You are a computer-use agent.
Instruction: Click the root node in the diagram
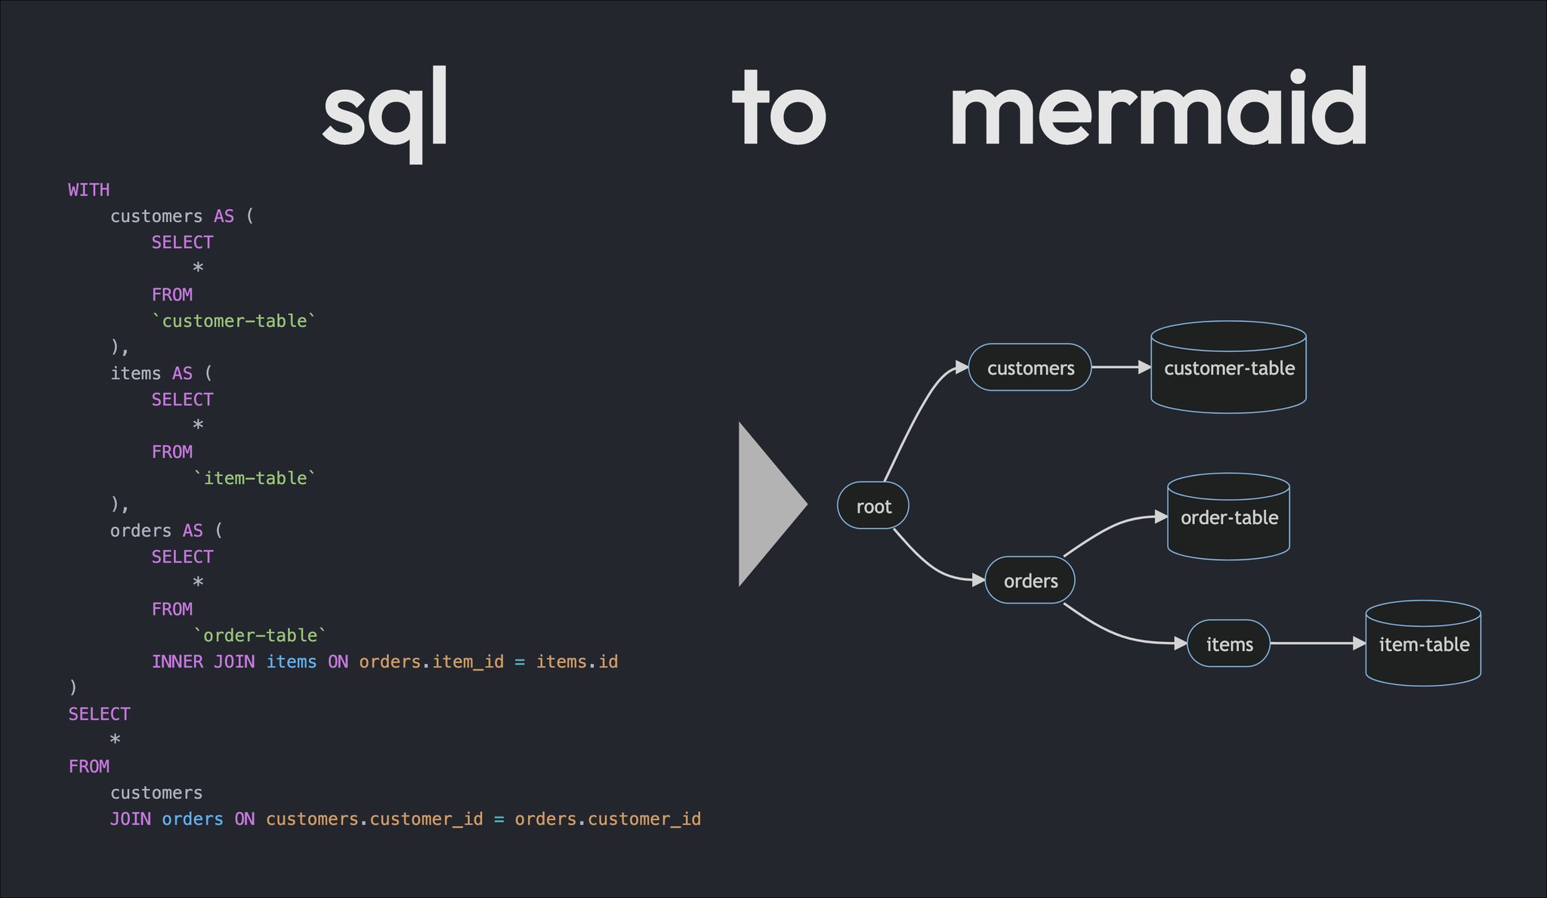[x=872, y=505]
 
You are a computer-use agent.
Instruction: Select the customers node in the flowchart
[x=1030, y=368]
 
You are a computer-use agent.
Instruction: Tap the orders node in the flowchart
[x=1030, y=580]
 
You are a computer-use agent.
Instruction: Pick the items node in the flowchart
[x=1229, y=643]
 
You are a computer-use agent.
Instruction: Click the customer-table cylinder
[x=1228, y=368]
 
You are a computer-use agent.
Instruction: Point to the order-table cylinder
[x=1228, y=517]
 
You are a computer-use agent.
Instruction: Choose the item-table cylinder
[x=1423, y=643]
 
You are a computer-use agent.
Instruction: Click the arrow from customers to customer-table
[x=1121, y=367]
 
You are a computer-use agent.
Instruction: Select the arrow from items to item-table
[x=1317, y=643]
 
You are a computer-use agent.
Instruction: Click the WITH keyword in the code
[x=88, y=190]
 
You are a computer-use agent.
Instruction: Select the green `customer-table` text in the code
[x=233, y=321]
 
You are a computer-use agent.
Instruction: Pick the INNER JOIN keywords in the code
[x=203, y=662]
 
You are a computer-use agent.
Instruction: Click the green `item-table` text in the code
[x=255, y=478]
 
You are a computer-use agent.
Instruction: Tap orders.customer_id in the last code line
[x=607, y=819]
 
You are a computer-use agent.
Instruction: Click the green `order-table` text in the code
[x=260, y=635]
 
